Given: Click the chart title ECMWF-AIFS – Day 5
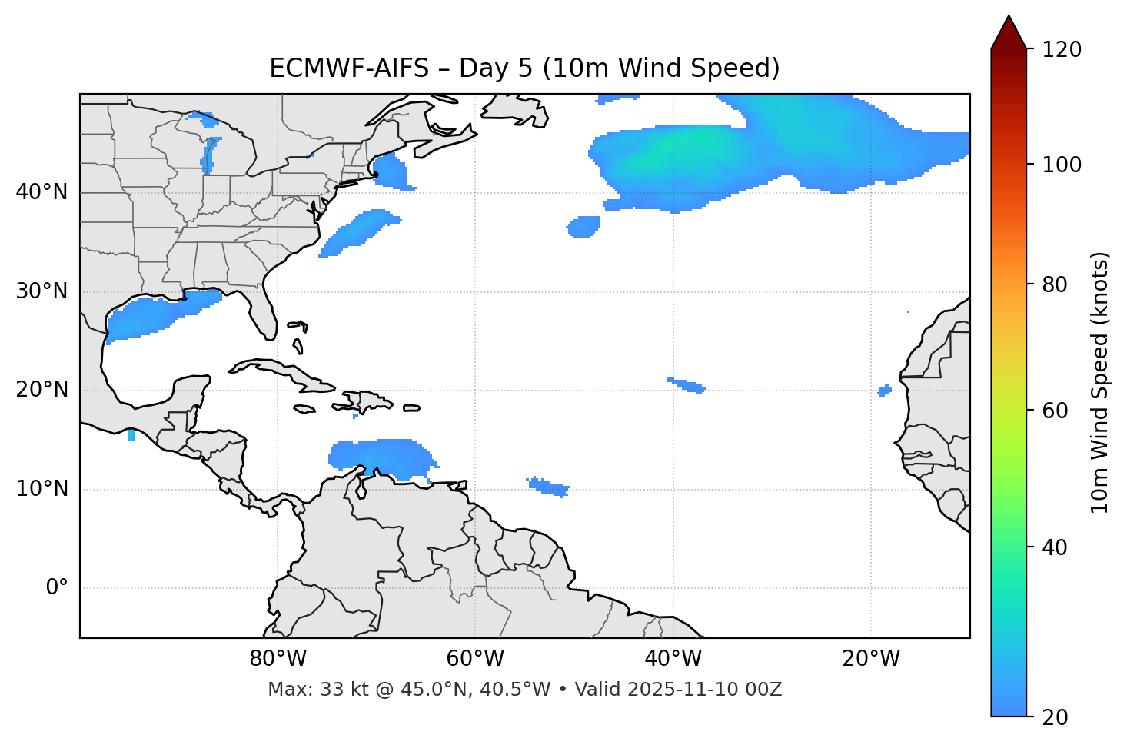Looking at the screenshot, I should click(x=524, y=68).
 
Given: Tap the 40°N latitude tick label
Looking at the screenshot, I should click(x=42, y=192).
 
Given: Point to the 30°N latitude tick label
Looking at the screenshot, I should click(x=42, y=291).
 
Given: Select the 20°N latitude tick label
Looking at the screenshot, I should click(x=42, y=390).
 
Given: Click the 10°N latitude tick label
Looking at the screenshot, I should click(x=42, y=489).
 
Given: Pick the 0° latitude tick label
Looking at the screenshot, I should click(x=57, y=588).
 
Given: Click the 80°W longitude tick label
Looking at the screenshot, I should click(x=278, y=659).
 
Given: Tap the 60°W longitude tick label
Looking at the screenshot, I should click(x=475, y=659).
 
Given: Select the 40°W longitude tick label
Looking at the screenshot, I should click(x=673, y=659).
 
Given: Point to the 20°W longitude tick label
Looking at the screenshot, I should click(x=871, y=659).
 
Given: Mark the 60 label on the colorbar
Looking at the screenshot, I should click(x=1052, y=411).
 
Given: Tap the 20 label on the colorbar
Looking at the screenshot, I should click(x=1052, y=717).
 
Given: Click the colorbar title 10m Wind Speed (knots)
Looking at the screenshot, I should click(x=1100, y=382).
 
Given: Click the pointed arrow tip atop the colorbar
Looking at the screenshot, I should click(x=1009, y=18).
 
